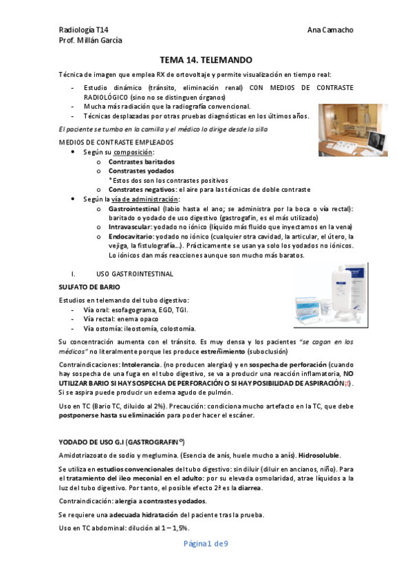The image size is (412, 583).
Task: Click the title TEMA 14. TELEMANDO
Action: [206, 60]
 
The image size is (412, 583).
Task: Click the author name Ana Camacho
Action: [331, 30]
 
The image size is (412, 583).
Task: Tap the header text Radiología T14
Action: [83, 30]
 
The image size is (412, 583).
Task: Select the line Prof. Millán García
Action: [91, 41]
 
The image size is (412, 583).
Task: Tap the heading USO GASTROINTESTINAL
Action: [135, 274]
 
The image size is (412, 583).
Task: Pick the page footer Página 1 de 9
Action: [206, 543]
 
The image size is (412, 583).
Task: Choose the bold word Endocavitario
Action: [132, 236]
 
